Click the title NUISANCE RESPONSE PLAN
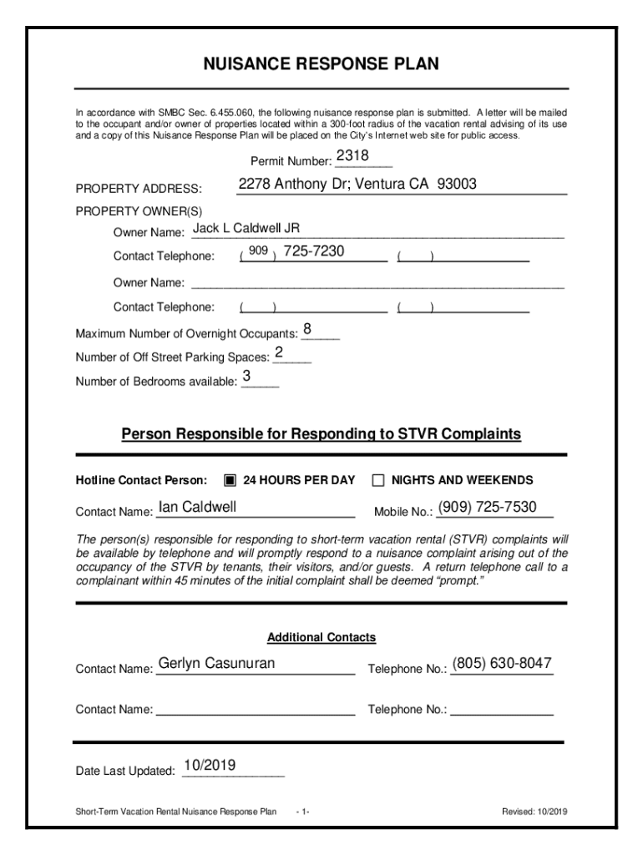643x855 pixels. coord(321,65)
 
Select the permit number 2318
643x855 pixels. coord(352,157)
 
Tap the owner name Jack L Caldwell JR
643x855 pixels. coord(246,228)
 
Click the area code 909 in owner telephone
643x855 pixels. coord(258,251)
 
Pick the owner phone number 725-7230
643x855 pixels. coord(313,251)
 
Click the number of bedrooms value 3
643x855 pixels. coord(246,377)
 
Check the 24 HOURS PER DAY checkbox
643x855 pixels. coord(230,480)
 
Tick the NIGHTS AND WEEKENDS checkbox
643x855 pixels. coord(377,480)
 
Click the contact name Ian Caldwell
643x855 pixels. coord(197,507)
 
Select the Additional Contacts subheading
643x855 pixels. coord(321,638)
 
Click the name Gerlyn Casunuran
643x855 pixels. coord(216,664)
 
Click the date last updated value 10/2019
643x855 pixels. coord(210,765)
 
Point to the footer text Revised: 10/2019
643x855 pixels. coord(534,811)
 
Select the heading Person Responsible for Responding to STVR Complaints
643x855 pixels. coord(321,434)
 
